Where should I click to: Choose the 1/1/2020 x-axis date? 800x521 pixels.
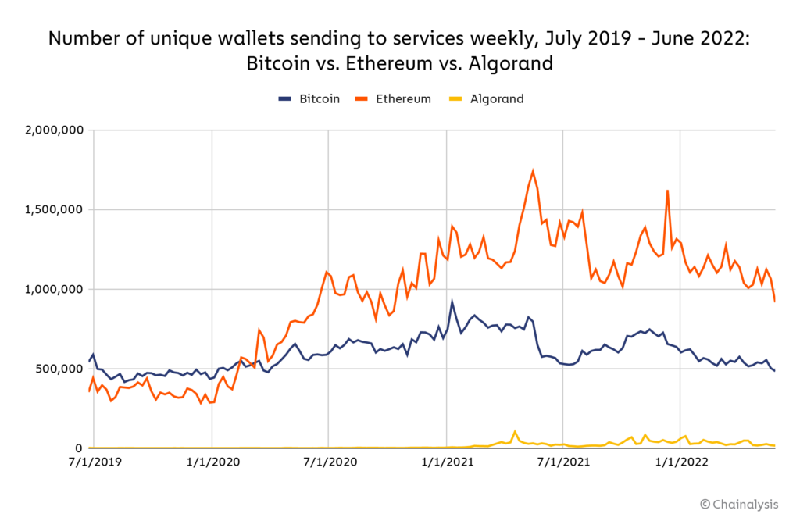tap(212, 462)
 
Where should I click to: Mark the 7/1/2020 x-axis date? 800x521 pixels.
tap(329, 462)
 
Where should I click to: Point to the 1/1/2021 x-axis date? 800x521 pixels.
tap(446, 462)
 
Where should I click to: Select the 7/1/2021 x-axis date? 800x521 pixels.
tap(562, 462)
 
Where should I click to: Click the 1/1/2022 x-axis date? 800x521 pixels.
tap(680, 462)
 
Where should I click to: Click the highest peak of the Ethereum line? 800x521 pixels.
tap(533, 171)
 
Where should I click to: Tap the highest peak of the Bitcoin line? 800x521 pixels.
tap(452, 301)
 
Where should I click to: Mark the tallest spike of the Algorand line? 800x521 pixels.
tap(515, 431)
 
